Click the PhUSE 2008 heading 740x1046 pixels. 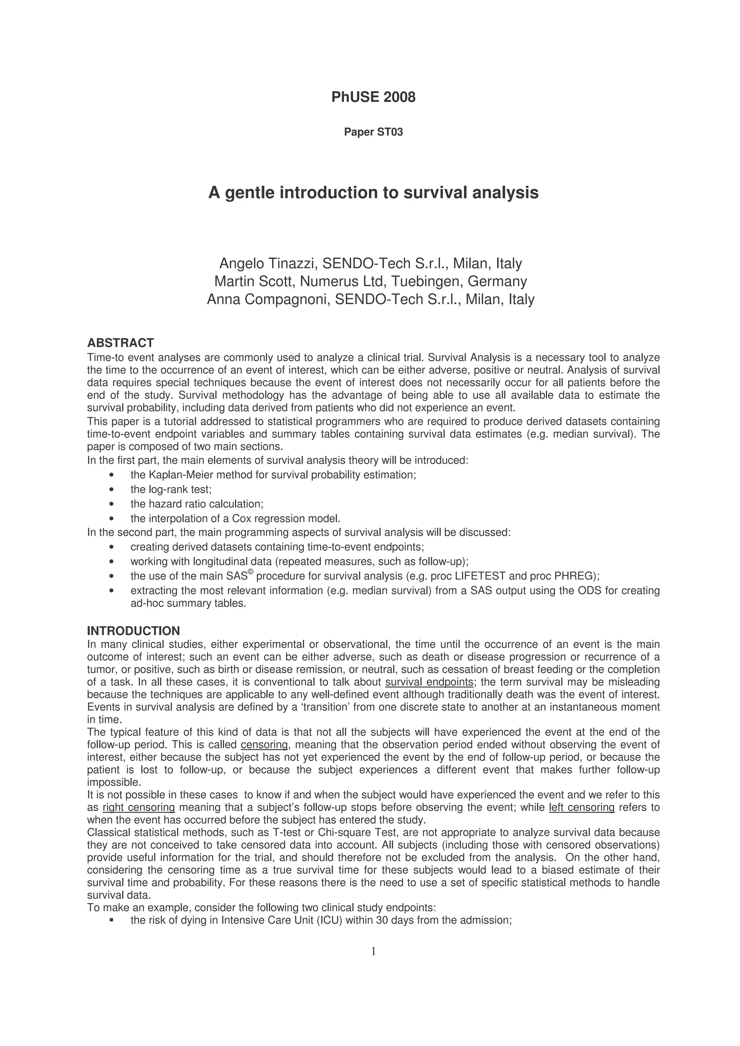tap(373, 97)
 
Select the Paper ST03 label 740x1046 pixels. tap(373, 132)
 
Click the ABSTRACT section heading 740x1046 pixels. tap(120, 343)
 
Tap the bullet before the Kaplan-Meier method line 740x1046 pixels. tap(112, 475)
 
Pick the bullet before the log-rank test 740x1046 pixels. tap(112, 490)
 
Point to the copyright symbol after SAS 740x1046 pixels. tap(250, 572)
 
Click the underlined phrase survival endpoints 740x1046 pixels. tap(429, 682)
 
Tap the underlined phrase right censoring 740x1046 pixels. tap(139, 807)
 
